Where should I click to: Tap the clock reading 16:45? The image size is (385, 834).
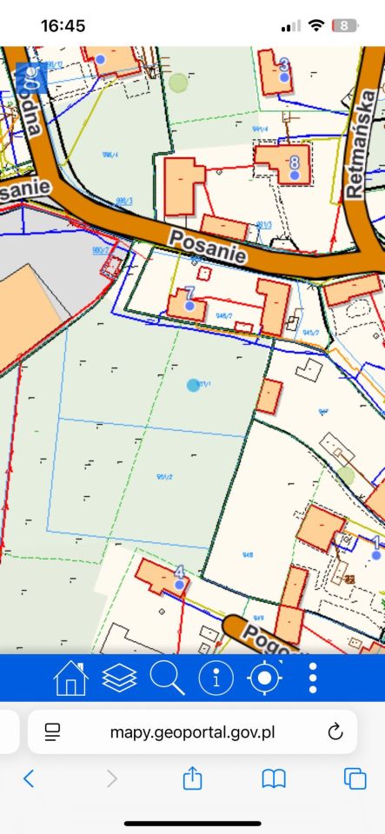[63, 26]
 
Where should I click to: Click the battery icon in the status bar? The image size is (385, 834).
[345, 26]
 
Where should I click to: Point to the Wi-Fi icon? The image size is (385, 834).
[315, 26]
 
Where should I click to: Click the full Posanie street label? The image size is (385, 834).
[208, 248]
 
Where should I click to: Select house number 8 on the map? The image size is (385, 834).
[294, 162]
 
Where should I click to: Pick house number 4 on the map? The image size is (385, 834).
[180, 573]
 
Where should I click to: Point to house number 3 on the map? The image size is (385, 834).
[283, 65]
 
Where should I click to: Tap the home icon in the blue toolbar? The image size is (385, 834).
[71, 678]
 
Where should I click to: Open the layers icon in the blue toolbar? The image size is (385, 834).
[120, 678]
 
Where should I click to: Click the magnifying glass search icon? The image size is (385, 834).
[168, 678]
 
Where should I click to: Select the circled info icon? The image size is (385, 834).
[216, 678]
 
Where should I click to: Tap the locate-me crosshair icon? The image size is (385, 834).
[265, 678]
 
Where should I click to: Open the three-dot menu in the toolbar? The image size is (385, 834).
[313, 678]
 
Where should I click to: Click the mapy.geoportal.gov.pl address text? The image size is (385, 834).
[192, 731]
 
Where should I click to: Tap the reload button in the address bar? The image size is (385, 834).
[335, 731]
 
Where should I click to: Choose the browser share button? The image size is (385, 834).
[192, 778]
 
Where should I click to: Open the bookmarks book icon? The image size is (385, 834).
[274, 778]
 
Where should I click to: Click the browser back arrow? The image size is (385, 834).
[29, 778]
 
